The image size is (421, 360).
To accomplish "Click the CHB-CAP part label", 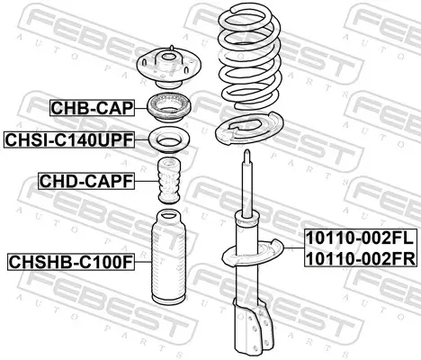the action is click(x=92, y=108).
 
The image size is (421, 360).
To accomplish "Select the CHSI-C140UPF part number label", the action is click(x=69, y=139).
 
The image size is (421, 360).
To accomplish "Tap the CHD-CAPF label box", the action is click(x=86, y=181).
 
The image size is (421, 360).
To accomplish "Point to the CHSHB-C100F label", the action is click(x=71, y=262).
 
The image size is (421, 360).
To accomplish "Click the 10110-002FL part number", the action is click(x=360, y=238).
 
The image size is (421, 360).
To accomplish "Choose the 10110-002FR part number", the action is click(x=361, y=258).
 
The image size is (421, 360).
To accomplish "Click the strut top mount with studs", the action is click(x=169, y=67).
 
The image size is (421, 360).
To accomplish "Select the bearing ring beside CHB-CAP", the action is click(x=169, y=109).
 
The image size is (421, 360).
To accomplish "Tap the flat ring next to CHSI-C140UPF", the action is click(x=169, y=139).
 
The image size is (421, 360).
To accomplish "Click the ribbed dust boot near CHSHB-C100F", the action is click(x=169, y=256).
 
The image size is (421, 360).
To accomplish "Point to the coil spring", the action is click(x=250, y=57).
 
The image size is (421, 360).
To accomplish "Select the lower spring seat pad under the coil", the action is click(x=249, y=129).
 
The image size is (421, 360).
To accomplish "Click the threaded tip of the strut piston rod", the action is click(x=247, y=156).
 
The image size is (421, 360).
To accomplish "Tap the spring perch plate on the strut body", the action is click(x=252, y=252).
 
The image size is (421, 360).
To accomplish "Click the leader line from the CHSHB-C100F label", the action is click(x=143, y=262).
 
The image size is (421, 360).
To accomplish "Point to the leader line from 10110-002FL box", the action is click(x=294, y=248).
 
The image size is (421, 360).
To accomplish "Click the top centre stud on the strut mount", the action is click(x=172, y=49).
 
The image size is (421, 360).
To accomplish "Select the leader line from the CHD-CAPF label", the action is click(x=147, y=181).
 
